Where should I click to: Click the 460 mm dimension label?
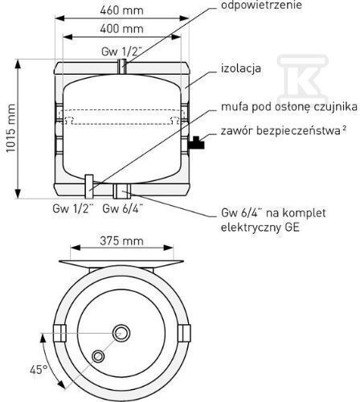[122, 10]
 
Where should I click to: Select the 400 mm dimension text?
[122, 29]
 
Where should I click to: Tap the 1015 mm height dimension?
[11, 128]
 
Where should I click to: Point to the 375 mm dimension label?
[122, 240]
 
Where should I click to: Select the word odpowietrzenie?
[261, 5]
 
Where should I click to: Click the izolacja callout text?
[241, 68]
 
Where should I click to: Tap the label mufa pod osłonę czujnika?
[289, 107]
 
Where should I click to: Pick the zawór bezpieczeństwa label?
[284, 131]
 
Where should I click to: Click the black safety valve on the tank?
[196, 142]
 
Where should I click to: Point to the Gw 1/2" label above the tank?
[121, 51]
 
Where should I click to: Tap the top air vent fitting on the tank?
[122, 66]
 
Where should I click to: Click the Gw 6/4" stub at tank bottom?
[122, 191]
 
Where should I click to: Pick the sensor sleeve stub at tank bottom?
[89, 187]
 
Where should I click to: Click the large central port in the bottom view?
[121, 333]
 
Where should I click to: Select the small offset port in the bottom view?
[98, 356]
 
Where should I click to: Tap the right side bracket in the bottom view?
[184, 333]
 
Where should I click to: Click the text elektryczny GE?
[260, 228]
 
